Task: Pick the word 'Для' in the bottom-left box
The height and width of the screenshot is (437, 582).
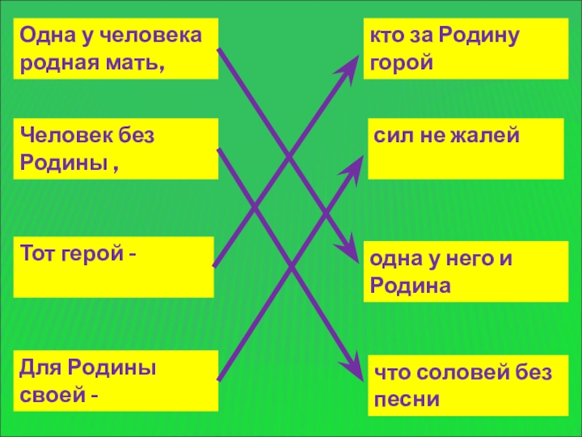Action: click(36, 369)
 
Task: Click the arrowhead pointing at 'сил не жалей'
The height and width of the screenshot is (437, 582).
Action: click(356, 162)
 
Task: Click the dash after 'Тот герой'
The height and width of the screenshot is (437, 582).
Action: click(132, 256)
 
